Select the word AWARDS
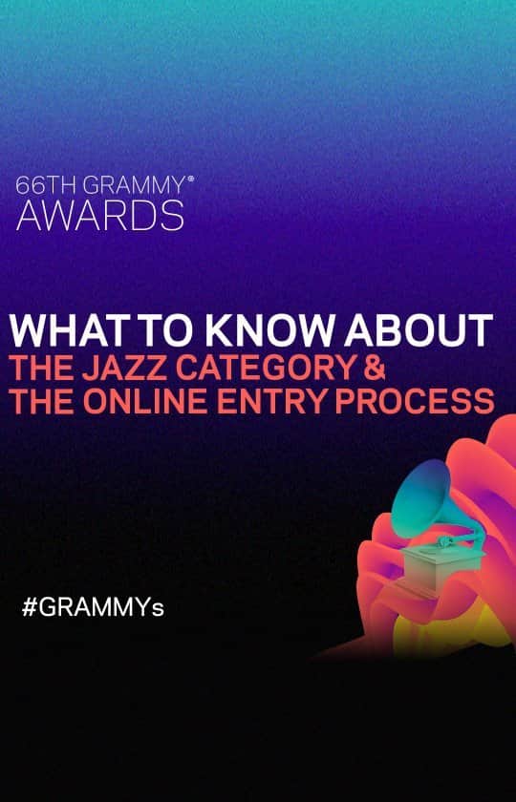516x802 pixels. click(x=100, y=216)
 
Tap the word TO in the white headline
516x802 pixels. click(x=157, y=330)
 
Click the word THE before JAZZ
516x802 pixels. click(x=44, y=367)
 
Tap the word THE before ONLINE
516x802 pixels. click(x=44, y=401)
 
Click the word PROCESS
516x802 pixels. click(x=424, y=401)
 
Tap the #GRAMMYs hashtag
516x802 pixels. click(x=93, y=607)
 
